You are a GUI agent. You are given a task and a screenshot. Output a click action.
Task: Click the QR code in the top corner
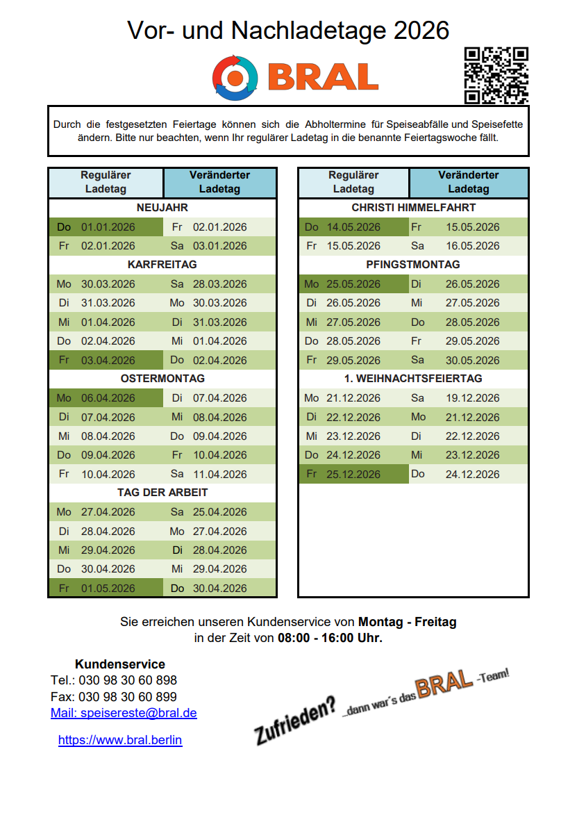(x=496, y=76)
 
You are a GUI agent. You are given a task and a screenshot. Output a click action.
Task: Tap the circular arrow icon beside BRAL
(x=235, y=76)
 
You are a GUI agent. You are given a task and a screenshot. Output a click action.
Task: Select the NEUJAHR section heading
(x=162, y=208)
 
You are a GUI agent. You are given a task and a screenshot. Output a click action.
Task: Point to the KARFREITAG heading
(x=162, y=265)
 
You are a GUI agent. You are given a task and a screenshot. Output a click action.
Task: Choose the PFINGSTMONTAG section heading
(x=413, y=265)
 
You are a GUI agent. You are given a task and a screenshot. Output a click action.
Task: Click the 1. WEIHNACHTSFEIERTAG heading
(x=413, y=379)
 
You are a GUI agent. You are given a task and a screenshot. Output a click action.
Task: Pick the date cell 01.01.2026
(x=108, y=227)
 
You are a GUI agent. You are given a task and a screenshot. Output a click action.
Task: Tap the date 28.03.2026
(x=219, y=284)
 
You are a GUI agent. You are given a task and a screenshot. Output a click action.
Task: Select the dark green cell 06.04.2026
(x=108, y=398)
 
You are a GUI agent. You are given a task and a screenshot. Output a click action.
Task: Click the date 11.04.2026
(x=219, y=474)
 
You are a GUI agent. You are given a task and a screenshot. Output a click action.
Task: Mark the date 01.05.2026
(x=108, y=588)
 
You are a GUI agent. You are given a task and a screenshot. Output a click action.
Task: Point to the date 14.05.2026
(x=353, y=227)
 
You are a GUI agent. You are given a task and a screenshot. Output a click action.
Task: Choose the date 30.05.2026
(x=472, y=360)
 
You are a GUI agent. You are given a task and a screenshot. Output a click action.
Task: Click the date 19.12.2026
(x=472, y=398)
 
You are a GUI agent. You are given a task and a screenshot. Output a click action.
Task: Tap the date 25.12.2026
(x=353, y=474)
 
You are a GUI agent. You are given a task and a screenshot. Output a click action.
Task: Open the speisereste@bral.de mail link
(x=124, y=713)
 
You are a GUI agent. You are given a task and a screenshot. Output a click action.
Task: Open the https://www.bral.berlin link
(x=120, y=740)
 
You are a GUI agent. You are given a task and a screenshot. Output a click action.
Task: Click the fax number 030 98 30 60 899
(x=128, y=696)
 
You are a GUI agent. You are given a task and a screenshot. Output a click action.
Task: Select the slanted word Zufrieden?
(x=296, y=723)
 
